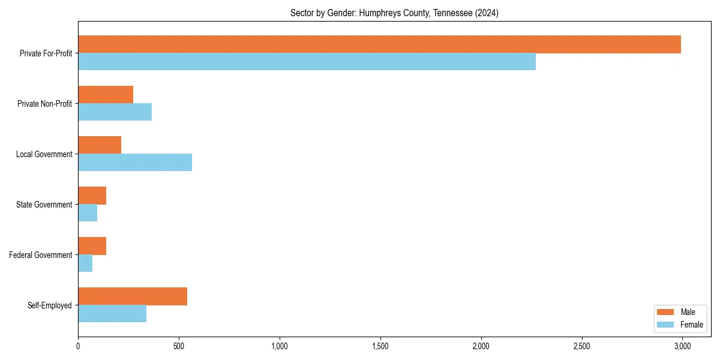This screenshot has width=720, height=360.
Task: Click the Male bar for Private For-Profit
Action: [379, 44]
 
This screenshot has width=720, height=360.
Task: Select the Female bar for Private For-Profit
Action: [307, 62]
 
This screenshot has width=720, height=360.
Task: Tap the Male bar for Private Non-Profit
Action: [106, 95]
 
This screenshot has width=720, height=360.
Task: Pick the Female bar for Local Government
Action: [135, 163]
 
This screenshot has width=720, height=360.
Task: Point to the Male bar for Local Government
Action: [100, 145]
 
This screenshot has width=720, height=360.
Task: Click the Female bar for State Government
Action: [88, 213]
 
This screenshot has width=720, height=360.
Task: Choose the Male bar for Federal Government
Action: [92, 246]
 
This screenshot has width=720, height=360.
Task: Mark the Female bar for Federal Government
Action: [85, 263]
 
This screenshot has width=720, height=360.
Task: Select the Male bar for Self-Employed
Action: [133, 296]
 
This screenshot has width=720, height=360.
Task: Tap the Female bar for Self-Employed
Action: [112, 314]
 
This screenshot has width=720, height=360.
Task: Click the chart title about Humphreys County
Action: [394, 13]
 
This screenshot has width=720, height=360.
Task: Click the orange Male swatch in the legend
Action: [666, 312]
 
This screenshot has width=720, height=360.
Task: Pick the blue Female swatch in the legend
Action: [666, 325]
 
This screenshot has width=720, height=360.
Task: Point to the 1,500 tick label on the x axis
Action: [380, 346]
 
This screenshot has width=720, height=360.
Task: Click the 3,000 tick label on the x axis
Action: [682, 346]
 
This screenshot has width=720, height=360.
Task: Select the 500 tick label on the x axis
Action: [179, 346]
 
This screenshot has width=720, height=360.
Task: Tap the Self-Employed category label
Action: [50, 305]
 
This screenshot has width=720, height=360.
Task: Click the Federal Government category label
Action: [41, 255]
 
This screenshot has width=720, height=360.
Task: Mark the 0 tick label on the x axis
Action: [78, 346]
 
